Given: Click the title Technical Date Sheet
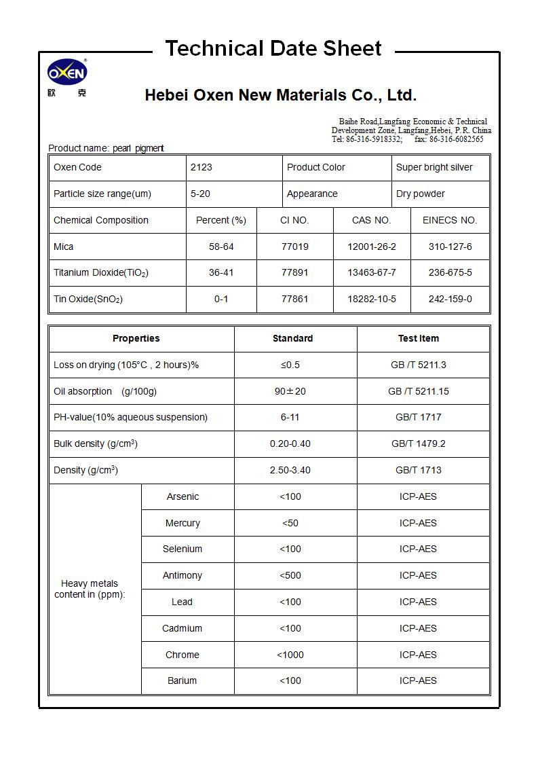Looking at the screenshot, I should click(x=273, y=49).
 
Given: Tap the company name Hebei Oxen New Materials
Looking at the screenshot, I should click(x=280, y=95).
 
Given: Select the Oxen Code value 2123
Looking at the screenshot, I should click(x=201, y=167).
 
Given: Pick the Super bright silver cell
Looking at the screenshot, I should click(x=434, y=167).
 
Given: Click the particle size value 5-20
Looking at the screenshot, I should click(x=200, y=194).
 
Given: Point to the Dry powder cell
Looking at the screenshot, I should click(x=421, y=194).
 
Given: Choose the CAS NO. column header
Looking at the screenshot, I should click(x=371, y=220).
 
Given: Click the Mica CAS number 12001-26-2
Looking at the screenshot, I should click(x=371, y=247).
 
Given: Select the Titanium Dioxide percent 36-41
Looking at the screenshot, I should click(x=221, y=272).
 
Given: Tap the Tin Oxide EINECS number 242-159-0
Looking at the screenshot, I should click(x=450, y=299).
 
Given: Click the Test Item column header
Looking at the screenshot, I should click(x=418, y=338).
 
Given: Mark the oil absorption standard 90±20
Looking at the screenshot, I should click(x=290, y=391).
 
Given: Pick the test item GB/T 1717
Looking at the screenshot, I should click(x=418, y=417).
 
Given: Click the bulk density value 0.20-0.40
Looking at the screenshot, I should click(x=290, y=443).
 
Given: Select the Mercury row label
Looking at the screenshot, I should click(x=182, y=523).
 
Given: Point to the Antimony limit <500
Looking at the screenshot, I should click(x=290, y=575).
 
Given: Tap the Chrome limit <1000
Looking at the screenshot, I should click(x=290, y=655).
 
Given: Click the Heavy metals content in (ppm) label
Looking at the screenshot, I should click(x=90, y=589).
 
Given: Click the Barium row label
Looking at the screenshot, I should click(x=182, y=681).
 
